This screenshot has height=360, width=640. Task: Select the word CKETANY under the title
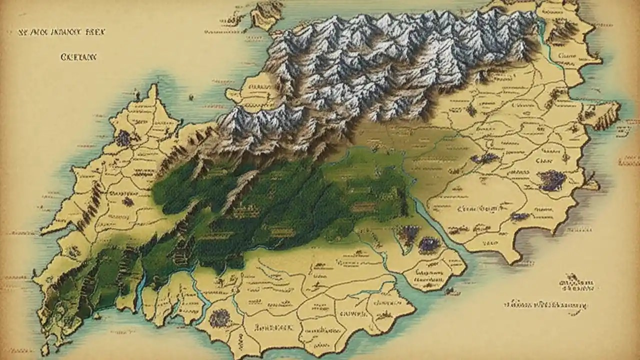[78, 57]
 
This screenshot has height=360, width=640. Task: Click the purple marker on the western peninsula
[122, 138]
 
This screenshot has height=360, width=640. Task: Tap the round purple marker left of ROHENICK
[218, 318]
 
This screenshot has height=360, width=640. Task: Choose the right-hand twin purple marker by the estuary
[428, 244]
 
